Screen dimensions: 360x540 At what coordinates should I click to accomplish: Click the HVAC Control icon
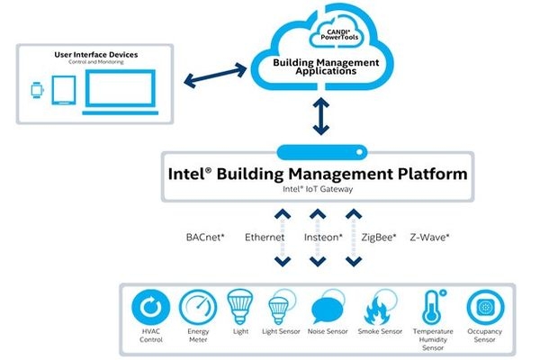coord(151,308)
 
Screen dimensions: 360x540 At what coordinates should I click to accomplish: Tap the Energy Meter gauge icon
coord(197,308)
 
